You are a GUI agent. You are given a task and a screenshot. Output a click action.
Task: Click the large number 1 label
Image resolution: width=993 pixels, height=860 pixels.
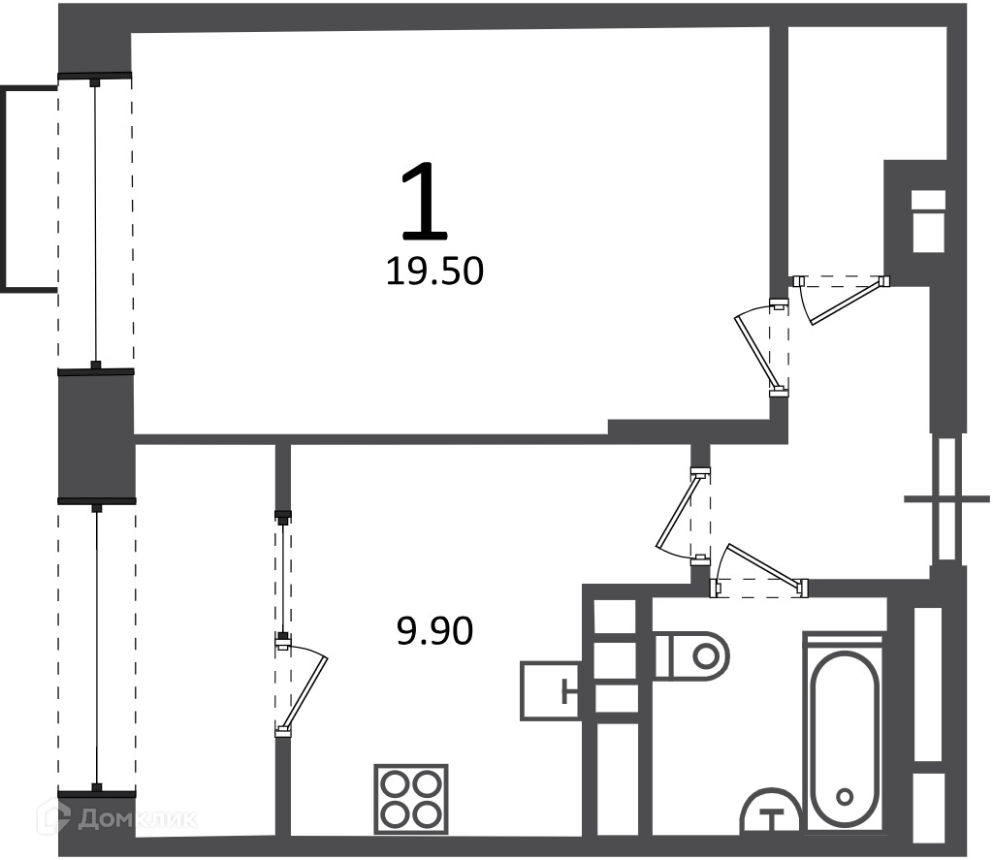tap(425, 202)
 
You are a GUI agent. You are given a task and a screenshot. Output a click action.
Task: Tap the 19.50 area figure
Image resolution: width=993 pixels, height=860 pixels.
tap(435, 271)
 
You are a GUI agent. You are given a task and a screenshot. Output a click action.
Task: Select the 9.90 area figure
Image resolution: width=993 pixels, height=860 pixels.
tap(435, 631)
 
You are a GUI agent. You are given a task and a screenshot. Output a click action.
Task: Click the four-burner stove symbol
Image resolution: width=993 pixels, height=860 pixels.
tap(411, 799)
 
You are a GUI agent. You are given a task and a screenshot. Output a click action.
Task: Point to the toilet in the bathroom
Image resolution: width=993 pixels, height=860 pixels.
tap(691, 655)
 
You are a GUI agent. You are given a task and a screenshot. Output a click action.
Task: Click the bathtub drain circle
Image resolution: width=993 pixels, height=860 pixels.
tap(843, 797)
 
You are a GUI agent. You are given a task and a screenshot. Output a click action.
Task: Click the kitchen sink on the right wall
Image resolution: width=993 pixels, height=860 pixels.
tap(550, 691)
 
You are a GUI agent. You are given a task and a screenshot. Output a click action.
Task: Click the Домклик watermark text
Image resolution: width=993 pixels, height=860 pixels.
tap(137, 819)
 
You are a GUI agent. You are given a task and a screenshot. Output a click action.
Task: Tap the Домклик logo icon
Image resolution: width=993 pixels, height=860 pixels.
tap(57, 818)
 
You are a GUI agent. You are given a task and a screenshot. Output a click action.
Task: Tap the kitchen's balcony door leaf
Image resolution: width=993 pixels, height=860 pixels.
tap(305, 691)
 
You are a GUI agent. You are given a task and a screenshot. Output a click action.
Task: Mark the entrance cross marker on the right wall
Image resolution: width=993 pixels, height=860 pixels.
tap(947, 499)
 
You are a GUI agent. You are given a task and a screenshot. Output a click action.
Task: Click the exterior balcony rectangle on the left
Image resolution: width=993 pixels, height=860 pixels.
tap(29, 189)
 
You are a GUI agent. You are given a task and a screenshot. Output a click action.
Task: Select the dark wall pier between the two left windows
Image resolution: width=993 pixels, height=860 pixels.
tap(96, 436)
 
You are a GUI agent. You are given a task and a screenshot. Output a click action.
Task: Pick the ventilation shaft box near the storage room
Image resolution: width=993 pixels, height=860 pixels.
tap(928, 221)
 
